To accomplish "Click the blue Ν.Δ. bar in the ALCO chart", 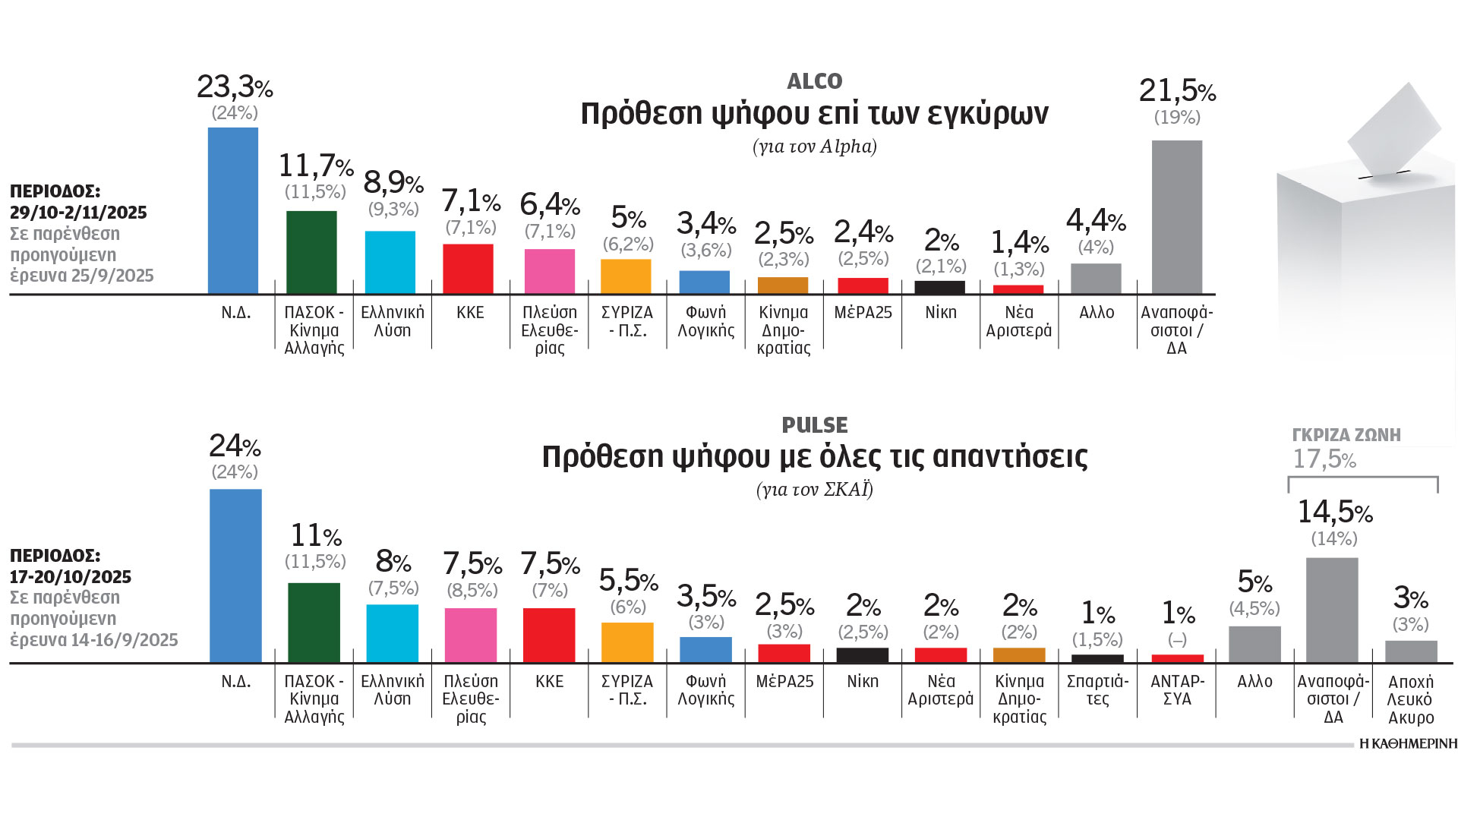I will (233, 210).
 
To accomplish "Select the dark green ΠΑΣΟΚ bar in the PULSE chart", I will (314, 623).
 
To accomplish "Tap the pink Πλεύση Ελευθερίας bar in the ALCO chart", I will (549, 271).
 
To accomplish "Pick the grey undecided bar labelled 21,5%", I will (1176, 217).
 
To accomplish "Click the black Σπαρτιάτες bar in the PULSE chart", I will (1097, 658).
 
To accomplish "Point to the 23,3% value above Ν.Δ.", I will (235, 87).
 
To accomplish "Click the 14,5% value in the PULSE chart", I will (1334, 512).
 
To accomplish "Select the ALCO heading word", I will (815, 81).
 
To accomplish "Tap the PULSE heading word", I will (815, 425).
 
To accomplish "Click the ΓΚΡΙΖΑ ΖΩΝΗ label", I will (1346, 435).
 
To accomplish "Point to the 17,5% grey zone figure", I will (1324, 459).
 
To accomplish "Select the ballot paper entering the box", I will (1393, 129).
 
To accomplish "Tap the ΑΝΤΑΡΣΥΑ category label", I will (1177, 690).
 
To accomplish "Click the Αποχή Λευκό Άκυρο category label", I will (1410, 699).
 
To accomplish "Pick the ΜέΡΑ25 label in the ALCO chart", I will (863, 313).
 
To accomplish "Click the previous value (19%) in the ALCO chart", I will (1177, 118).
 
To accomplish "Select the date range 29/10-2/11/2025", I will (78, 213).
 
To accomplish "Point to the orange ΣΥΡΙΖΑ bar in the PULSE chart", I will (627, 642).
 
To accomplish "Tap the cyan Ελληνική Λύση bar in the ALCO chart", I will (390, 262).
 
